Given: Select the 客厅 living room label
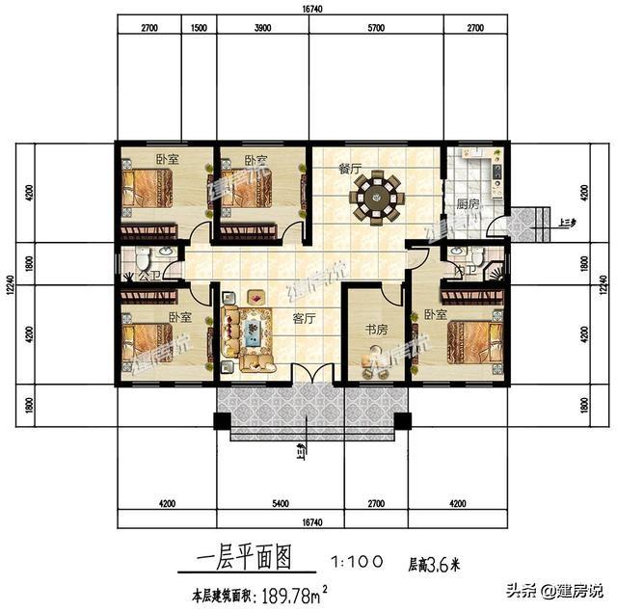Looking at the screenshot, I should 304,319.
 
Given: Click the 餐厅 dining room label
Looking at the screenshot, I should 349,168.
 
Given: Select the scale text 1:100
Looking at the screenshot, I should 359,560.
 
